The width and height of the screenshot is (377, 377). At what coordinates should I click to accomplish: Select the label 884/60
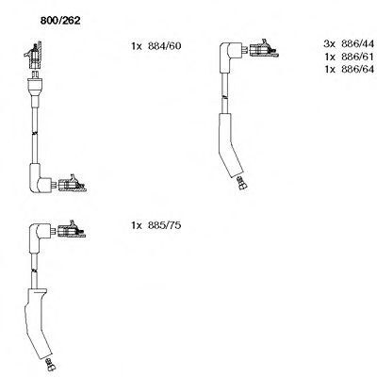(163, 45)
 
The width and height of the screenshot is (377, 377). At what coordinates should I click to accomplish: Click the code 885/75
(163, 227)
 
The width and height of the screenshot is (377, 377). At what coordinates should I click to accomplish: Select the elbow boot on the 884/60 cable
(43, 179)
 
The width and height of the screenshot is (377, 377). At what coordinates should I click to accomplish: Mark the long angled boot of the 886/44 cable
(229, 146)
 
